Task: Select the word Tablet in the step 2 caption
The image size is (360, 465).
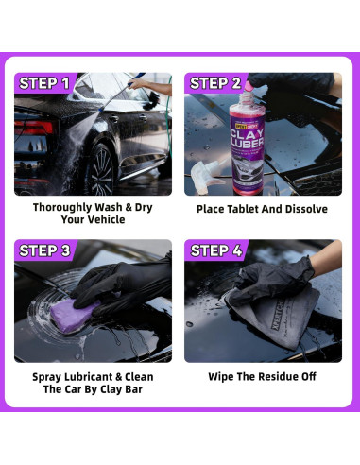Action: [x=249, y=208]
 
